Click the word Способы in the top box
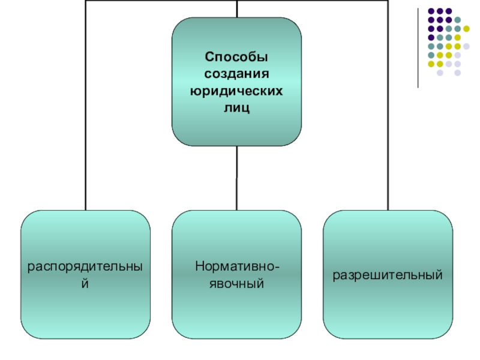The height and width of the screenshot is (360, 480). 236,57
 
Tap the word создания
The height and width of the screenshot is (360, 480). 236,74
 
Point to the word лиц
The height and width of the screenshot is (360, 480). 236,109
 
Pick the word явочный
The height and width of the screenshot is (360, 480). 236,282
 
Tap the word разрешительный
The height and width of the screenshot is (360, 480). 388,275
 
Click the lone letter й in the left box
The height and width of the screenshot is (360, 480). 85,283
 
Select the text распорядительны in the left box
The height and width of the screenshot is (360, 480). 85,265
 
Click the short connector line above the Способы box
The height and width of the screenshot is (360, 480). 236,8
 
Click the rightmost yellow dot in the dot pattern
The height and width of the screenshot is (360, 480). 466,28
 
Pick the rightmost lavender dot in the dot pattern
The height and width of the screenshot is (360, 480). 466,46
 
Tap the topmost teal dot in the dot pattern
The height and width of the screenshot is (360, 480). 457,20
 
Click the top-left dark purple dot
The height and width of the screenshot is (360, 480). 431,11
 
